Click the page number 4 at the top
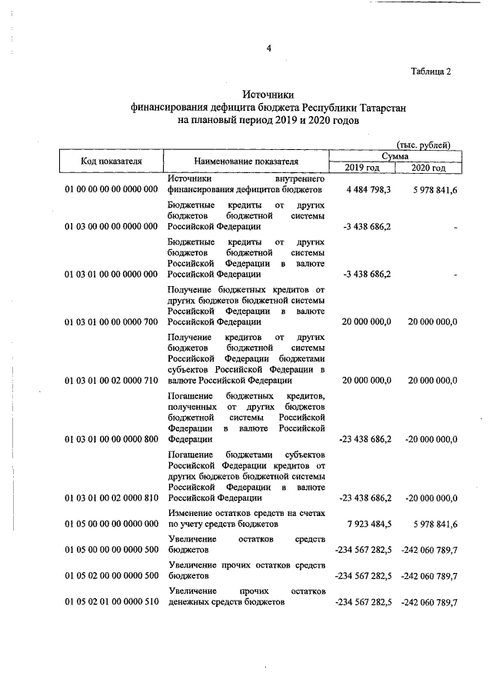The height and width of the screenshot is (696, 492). coord(269,50)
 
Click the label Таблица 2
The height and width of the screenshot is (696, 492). coord(431,72)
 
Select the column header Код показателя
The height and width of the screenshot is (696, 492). coord(111,162)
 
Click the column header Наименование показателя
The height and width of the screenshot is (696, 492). coord(246,162)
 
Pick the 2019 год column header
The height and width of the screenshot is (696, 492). coord(361,168)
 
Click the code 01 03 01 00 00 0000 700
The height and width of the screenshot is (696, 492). coord(111,322)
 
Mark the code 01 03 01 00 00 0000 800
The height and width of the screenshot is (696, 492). coord(111,439)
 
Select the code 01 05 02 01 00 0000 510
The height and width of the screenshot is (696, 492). coord(111,602)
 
